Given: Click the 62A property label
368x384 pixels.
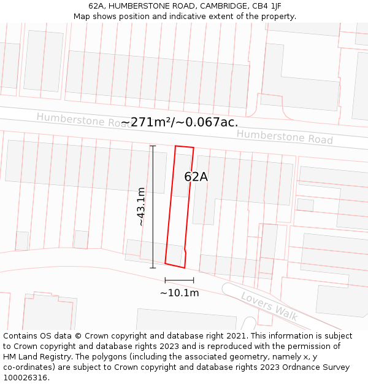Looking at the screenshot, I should tap(196, 177).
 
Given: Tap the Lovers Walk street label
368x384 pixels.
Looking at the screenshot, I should tap(269, 306).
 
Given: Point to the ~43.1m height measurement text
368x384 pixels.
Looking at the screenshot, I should tap(142, 206).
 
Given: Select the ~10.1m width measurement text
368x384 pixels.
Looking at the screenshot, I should tap(179, 293).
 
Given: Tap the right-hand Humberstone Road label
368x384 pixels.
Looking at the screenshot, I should tap(285, 136).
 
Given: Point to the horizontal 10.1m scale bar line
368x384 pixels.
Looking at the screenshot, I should tap(179, 281).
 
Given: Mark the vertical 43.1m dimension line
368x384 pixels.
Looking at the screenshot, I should tap(153, 206).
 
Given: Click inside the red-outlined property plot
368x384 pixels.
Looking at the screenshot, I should tap(180, 209).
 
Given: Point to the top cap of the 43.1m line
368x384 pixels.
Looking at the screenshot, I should tap(153, 146).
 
